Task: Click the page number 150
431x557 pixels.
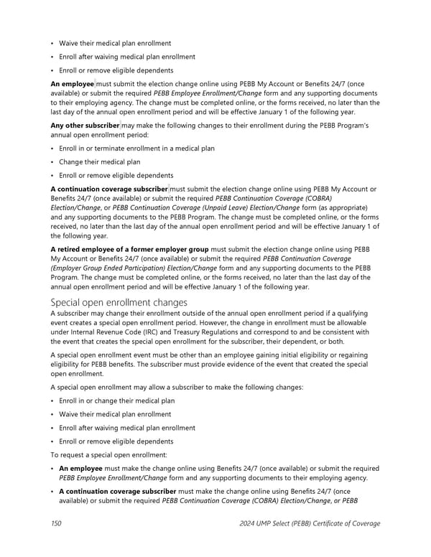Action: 56,523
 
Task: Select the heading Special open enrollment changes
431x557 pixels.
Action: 119,302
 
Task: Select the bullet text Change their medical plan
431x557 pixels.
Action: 100,162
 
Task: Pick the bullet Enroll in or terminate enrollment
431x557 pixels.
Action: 136,148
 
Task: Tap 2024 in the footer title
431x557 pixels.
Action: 249,523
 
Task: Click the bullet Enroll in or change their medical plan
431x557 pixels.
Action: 117,401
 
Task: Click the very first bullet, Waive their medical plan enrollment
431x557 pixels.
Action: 115,43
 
